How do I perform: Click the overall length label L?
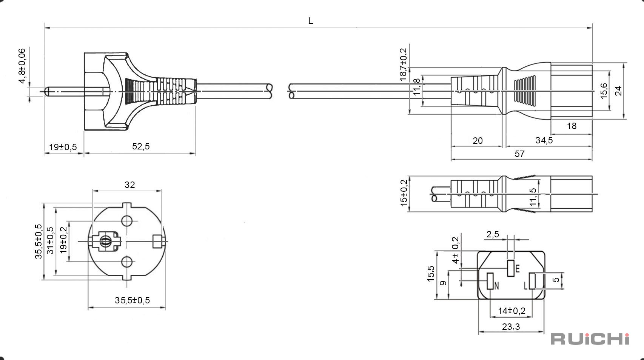311,21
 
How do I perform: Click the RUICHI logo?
590,339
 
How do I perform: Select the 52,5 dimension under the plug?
141,146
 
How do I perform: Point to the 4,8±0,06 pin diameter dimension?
22,66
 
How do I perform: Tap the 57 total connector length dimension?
519,154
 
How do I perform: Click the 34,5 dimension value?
544,140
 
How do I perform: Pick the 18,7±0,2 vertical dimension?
404,65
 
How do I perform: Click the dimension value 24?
618,91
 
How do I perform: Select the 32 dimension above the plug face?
129,185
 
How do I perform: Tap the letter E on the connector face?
518,269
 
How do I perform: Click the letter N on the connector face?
496,286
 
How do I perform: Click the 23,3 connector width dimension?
511,327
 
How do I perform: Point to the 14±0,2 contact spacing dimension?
512,311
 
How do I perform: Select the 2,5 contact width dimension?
493,234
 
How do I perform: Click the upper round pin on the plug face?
127,221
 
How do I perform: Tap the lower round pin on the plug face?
127,262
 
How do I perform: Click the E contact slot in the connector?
511,268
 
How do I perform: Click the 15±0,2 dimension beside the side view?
404,193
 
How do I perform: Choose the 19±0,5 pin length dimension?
63,147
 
